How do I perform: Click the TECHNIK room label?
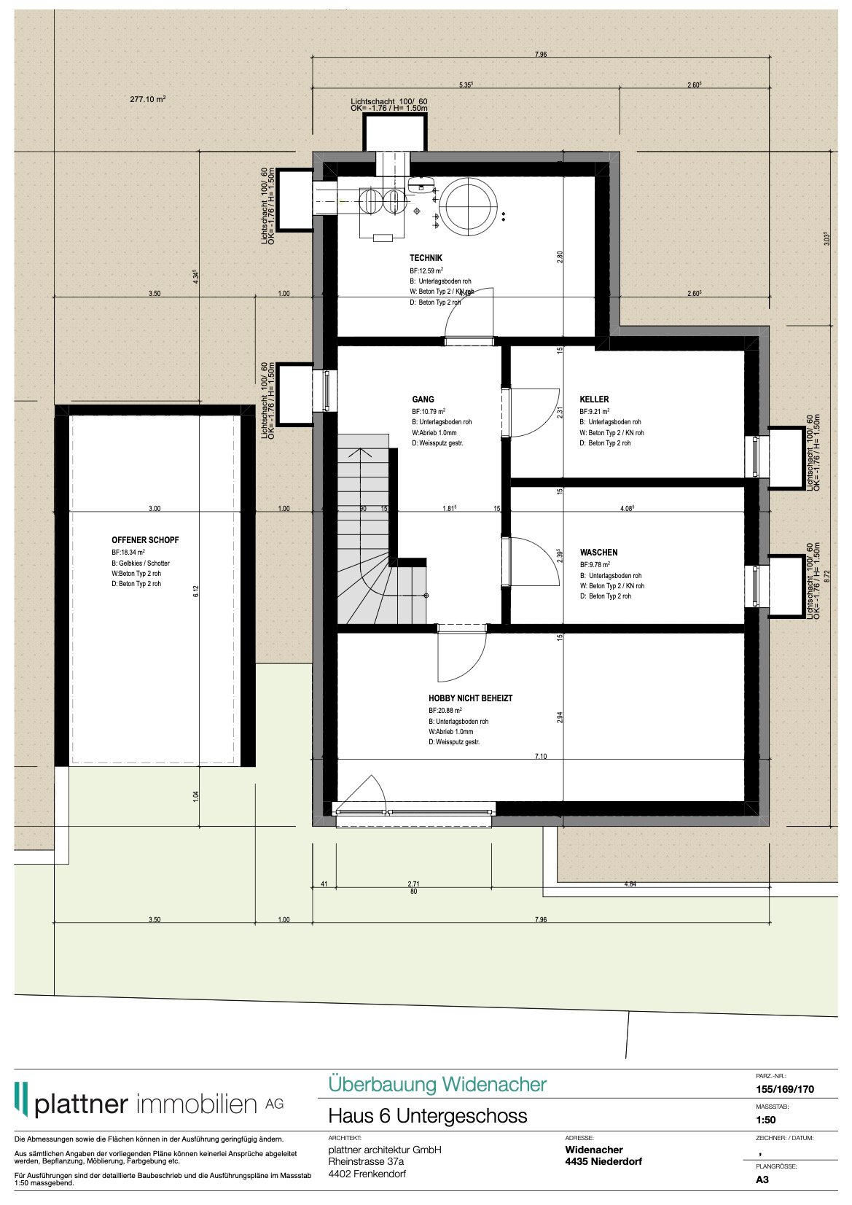tap(426, 258)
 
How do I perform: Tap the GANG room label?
tap(423, 399)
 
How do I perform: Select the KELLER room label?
tap(594, 399)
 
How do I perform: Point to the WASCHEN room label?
tap(598, 553)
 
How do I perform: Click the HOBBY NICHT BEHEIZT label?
tap(470, 698)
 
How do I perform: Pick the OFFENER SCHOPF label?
tap(145, 540)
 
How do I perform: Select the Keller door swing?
tap(532, 412)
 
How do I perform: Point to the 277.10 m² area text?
tap(148, 99)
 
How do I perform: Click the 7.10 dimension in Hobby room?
tap(540, 757)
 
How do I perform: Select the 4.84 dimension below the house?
tap(630, 884)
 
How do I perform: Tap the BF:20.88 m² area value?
tap(445, 710)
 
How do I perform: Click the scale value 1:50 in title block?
tap(766, 1120)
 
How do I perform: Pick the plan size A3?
tap(762, 1179)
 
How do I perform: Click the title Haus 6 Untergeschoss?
tap(427, 1116)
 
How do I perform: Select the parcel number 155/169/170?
tap(785, 1089)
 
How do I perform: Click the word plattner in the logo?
tap(81, 1104)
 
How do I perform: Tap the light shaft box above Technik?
tap(394, 133)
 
